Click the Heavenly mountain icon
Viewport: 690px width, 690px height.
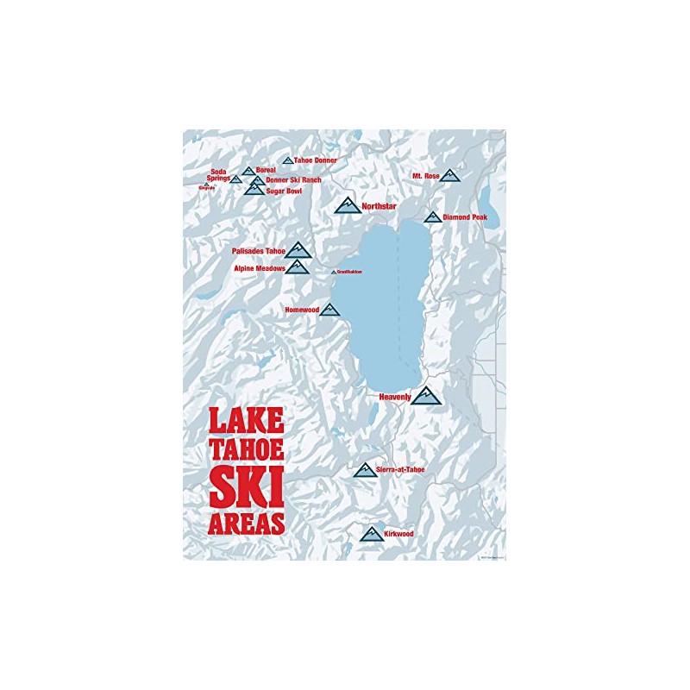[x=425, y=396]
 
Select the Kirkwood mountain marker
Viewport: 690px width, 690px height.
[x=372, y=534]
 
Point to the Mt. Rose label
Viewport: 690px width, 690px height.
[x=426, y=176]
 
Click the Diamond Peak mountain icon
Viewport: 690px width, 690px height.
[x=432, y=217]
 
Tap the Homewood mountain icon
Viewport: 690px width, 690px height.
[x=329, y=309]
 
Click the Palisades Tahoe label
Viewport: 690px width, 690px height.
[x=258, y=251]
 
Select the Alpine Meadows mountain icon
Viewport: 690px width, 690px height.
[x=298, y=267]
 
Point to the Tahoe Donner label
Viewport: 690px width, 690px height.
[x=315, y=160]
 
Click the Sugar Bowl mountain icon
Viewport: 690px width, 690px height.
[x=254, y=189]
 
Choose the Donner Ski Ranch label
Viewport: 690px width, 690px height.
[x=293, y=180]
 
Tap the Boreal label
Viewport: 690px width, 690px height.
[x=265, y=171]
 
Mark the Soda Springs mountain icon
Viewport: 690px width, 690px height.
[x=235, y=179]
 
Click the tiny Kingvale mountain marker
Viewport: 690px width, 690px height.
[x=206, y=184]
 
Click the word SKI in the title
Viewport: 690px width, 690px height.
[x=247, y=492]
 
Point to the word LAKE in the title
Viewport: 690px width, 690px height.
[x=247, y=421]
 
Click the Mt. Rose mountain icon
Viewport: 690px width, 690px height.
[x=449, y=175]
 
